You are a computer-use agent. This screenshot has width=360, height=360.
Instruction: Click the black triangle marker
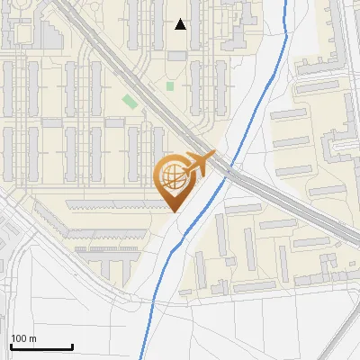click(x=181, y=24)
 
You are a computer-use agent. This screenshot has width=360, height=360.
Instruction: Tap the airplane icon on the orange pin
click(x=200, y=164)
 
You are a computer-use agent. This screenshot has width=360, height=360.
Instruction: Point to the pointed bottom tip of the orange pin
click(x=173, y=211)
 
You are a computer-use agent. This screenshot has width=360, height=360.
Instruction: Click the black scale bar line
click(x=40, y=346)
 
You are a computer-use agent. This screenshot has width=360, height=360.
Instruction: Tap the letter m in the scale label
click(x=32, y=338)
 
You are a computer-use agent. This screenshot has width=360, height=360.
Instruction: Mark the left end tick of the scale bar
click(x=11, y=345)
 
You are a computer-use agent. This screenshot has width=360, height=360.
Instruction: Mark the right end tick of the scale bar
click(x=72, y=345)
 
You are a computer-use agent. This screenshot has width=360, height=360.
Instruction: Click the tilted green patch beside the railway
click(x=131, y=100)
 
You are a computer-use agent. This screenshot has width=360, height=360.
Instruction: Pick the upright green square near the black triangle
click(x=170, y=86)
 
